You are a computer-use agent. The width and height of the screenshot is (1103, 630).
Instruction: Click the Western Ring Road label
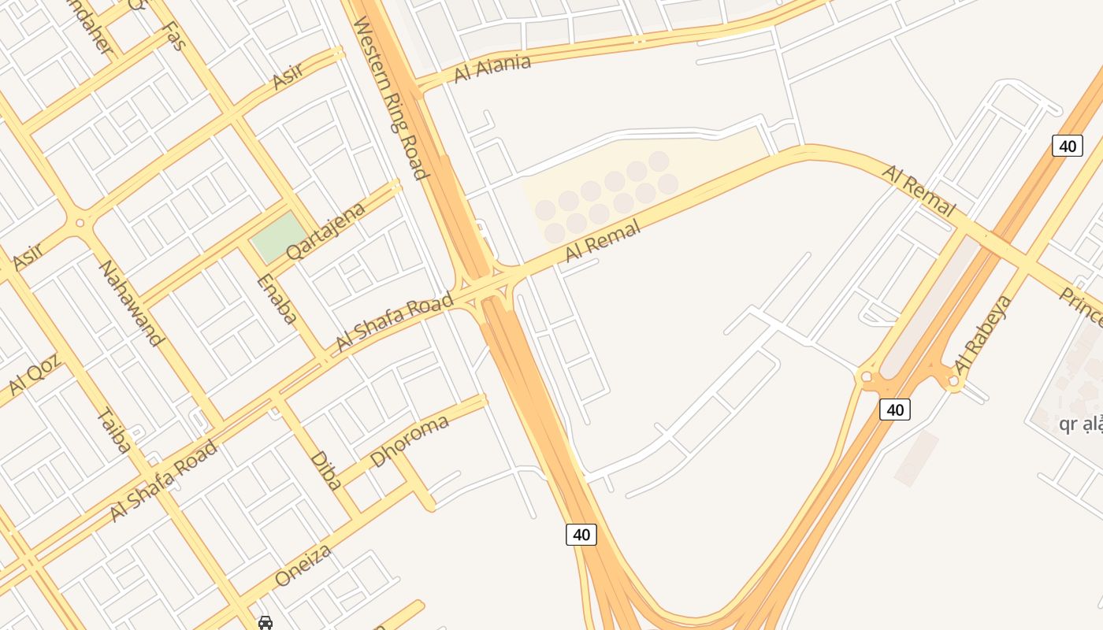click(391, 98)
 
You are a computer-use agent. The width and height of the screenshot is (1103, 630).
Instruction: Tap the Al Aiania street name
click(492, 69)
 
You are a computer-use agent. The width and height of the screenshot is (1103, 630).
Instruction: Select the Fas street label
click(173, 36)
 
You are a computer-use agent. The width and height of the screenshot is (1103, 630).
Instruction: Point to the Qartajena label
click(326, 231)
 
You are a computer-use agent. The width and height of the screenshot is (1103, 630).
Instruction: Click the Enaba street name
click(277, 299)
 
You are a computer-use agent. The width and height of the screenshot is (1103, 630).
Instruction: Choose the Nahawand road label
click(130, 302)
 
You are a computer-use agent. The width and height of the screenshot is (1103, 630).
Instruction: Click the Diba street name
click(325, 470)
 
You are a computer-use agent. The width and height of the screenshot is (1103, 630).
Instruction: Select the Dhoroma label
click(410, 439)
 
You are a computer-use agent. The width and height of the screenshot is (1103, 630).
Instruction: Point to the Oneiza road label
click(303, 565)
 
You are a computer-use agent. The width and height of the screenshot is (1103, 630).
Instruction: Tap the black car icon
click(266, 623)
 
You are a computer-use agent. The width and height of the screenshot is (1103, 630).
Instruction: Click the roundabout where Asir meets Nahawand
click(80, 223)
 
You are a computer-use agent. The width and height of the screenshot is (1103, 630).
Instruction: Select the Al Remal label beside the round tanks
click(603, 241)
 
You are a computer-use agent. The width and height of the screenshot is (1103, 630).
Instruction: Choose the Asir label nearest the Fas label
click(288, 76)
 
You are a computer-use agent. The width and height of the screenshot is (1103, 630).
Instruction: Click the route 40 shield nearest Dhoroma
click(581, 535)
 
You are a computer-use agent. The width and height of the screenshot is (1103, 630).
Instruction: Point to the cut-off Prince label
click(1081, 307)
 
